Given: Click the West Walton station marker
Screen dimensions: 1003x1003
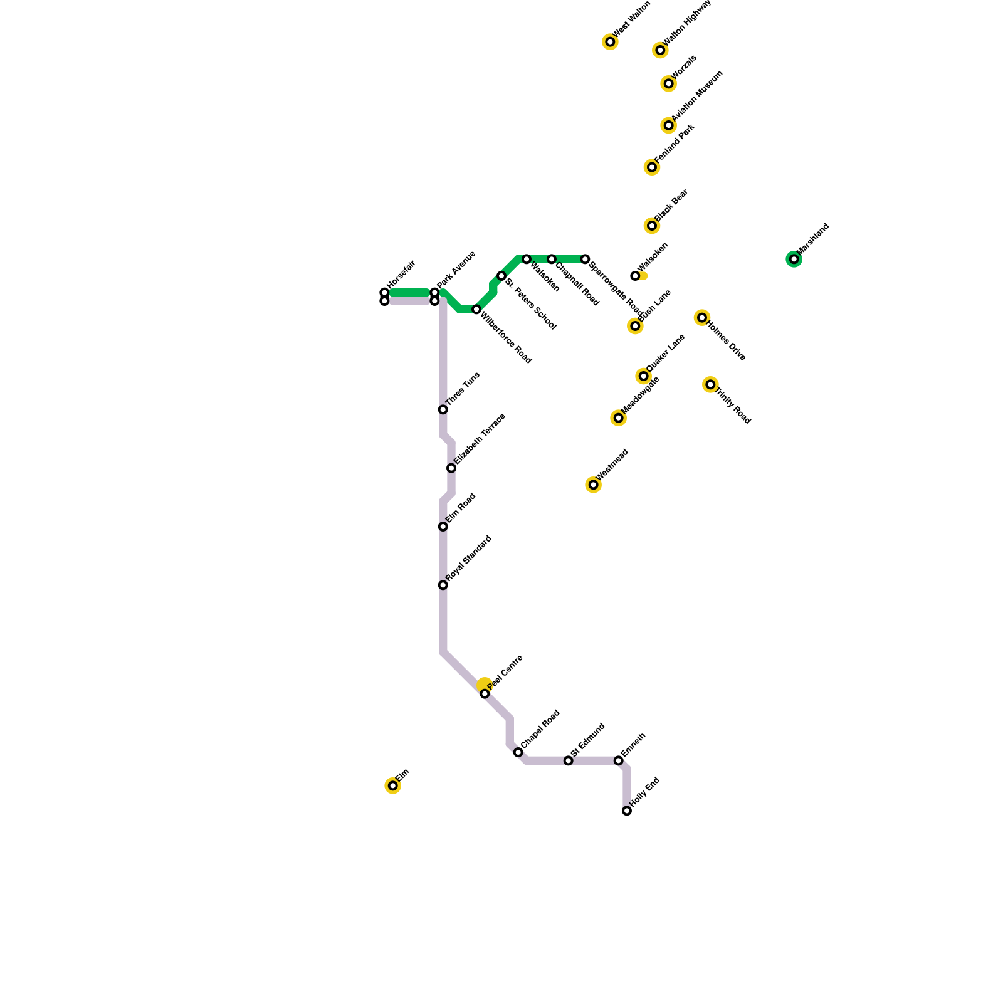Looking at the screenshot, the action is [x=610, y=42].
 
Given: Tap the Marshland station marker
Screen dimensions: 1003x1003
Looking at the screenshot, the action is [x=794, y=259].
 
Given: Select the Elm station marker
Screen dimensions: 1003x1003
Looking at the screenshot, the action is [x=392, y=785].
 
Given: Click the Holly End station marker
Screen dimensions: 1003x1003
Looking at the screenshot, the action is [x=627, y=811].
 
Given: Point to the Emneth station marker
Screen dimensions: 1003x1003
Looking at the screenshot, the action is [x=619, y=760].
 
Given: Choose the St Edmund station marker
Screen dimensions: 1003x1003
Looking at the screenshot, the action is [x=568, y=760].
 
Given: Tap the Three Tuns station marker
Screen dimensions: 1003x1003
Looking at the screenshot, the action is [x=443, y=409].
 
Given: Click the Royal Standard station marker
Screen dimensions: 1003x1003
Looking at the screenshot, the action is [x=443, y=585].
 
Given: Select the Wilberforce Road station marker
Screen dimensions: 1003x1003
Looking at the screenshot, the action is [x=476, y=310].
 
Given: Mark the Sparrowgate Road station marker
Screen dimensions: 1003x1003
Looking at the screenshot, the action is [x=585, y=259].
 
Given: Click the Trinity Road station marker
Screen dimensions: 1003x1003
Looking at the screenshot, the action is [x=710, y=384].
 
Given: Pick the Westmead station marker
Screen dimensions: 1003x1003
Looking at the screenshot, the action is [x=593, y=485].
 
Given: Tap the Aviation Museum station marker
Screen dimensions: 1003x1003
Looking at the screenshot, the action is [x=669, y=125].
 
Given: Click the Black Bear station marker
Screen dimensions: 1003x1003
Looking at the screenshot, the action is [x=652, y=226].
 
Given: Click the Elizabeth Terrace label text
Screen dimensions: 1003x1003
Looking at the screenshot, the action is [x=480, y=439].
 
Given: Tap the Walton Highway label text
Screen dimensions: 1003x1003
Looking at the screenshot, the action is [x=687, y=23].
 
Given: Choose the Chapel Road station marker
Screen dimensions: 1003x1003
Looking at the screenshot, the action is [x=518, y=752].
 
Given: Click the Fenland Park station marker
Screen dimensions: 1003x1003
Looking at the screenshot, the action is [x=652, y=167].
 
